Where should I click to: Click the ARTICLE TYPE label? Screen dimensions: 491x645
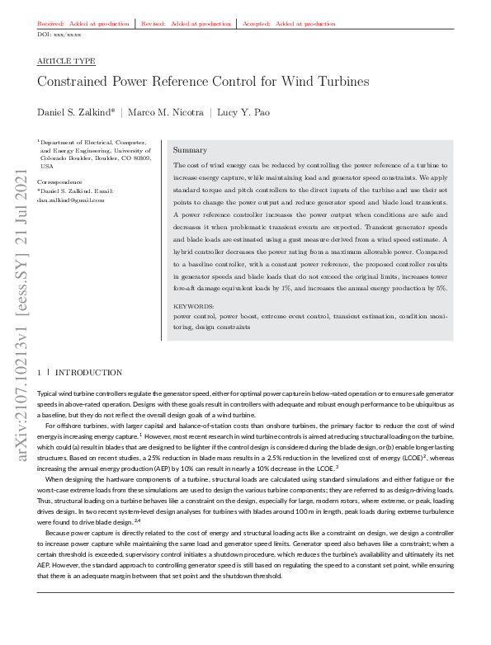point(66,62)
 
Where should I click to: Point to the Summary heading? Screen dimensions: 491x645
point(190,151)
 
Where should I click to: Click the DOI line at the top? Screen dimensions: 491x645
point(59,35)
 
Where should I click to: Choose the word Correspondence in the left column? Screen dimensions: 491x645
point(60,181)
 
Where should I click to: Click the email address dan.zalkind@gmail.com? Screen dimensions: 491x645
point(72,200)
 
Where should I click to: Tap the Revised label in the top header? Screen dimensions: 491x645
point(154,24)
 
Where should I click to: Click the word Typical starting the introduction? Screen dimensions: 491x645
point(50,395)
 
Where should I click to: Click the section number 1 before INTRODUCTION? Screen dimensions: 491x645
point(40,373)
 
